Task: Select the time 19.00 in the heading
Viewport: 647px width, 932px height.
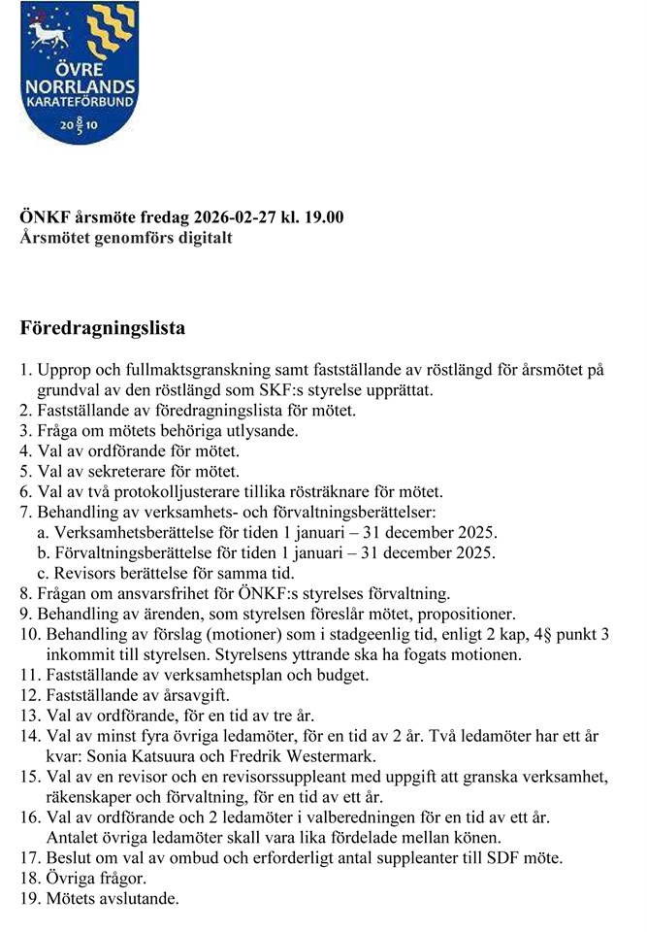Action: [324, 216]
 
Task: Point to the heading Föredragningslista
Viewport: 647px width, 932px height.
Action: [103, 328]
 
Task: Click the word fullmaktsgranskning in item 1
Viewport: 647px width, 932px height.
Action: [194, 370]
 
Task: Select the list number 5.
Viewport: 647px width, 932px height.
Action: [25, 472]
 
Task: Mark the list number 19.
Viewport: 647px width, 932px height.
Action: [29, 899]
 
